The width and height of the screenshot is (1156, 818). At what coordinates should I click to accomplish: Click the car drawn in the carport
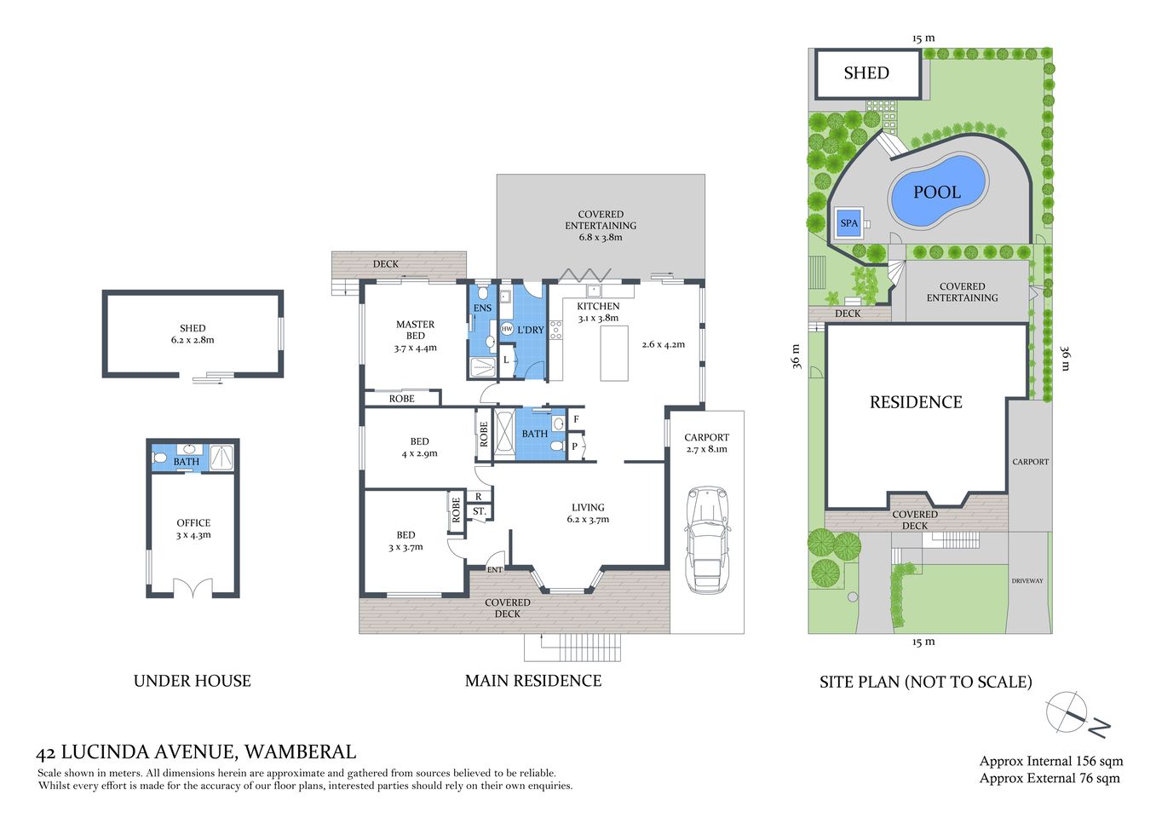point(707,539)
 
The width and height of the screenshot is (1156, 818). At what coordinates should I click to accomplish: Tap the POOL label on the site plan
point(936,193)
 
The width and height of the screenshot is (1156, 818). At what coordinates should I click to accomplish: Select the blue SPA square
point(848,223)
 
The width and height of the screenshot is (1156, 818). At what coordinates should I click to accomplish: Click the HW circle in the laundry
point(507,329)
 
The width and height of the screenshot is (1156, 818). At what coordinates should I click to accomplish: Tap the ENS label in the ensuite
point(482,308)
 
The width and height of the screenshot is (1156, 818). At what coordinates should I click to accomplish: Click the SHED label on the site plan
point(866,73)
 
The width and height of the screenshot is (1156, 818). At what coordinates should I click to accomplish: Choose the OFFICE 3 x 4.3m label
point(193,528)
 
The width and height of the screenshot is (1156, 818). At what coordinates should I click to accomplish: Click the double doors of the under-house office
point(193,588)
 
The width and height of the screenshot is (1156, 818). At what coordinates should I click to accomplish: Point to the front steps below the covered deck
point(572,648)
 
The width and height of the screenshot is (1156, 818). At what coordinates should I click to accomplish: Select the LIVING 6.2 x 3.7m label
point(588,513)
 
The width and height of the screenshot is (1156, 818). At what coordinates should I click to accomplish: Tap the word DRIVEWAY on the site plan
point(1027,581)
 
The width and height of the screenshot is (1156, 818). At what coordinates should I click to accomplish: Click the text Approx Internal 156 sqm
point(1050,761)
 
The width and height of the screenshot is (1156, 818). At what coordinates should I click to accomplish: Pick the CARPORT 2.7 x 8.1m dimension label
point(706,443)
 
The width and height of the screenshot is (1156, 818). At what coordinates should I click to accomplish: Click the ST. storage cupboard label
point(479,511)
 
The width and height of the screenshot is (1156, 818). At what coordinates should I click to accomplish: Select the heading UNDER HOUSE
point(192,681)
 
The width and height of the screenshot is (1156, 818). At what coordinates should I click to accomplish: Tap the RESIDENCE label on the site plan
point(916,402)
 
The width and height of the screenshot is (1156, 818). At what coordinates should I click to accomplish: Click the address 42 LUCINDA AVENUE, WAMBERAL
point(196,752)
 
